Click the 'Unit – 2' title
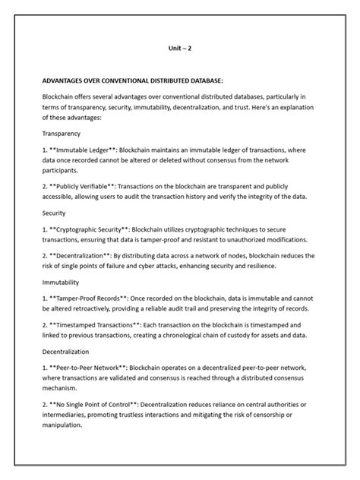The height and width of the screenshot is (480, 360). pyautogui.click(x=180, y=48)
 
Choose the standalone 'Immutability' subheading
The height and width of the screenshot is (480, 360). pyautogui.click(x=63, y=280)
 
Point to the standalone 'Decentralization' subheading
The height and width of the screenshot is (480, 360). pyautogui.click(x=68, y=352)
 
